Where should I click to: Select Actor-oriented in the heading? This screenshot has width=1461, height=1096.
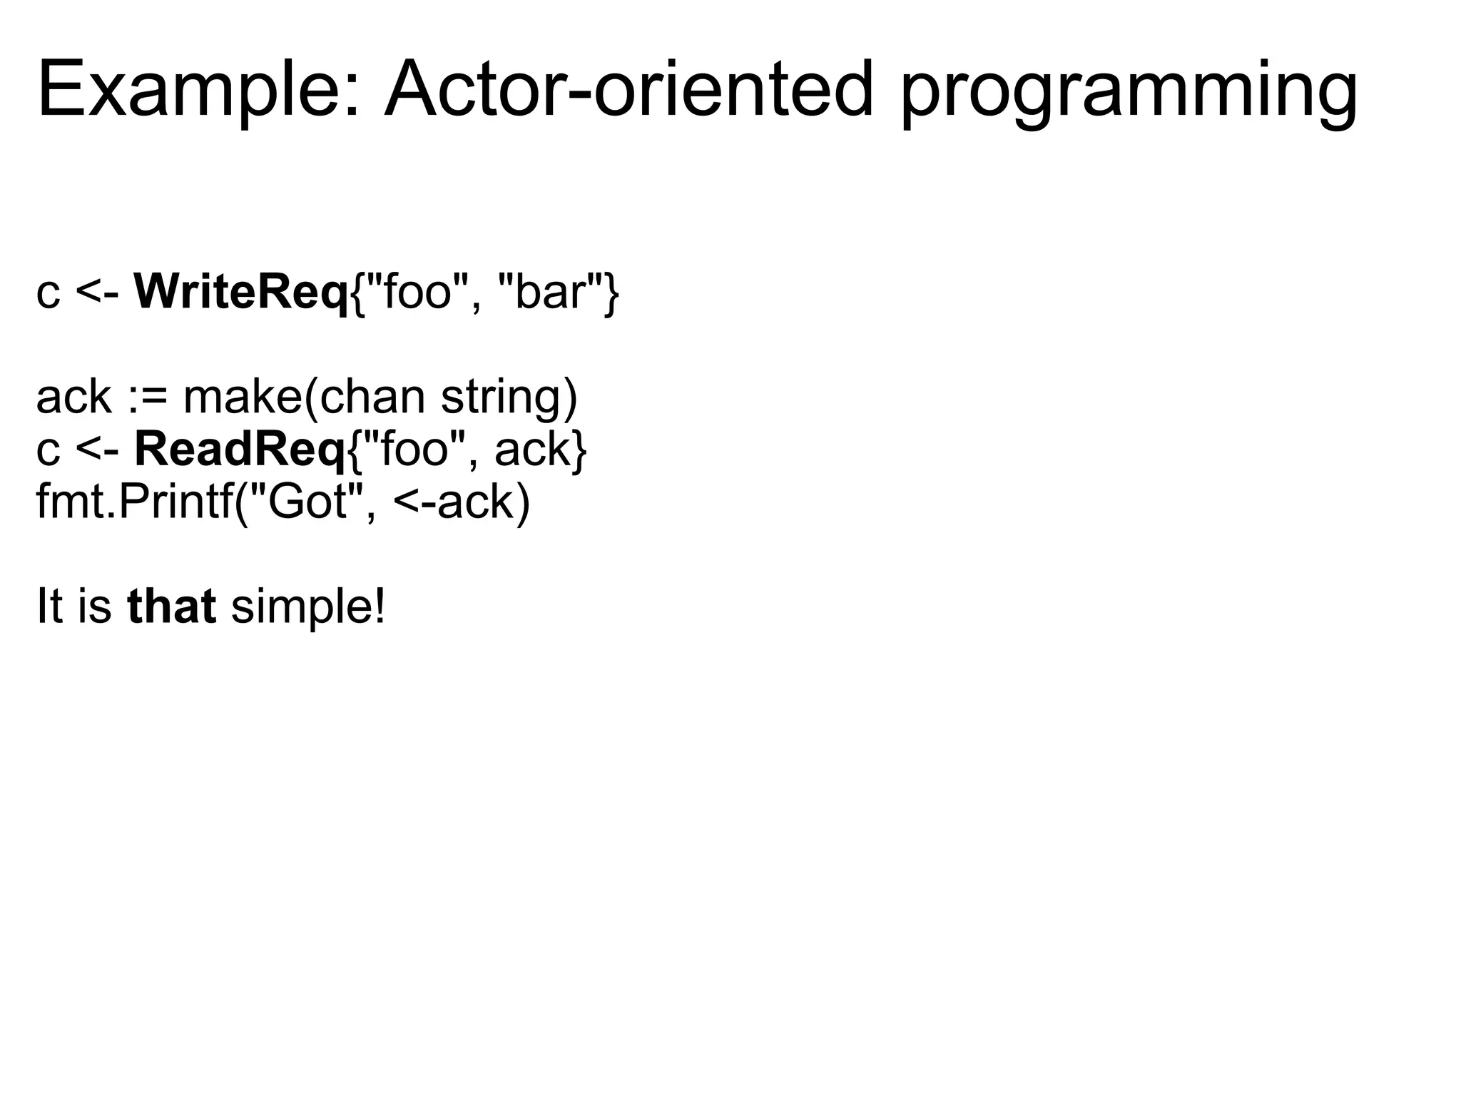click(x=628, y=91)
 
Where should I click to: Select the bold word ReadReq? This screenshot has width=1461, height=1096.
click(x=240, y=450)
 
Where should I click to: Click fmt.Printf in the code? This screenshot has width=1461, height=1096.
click(x=135, y=502)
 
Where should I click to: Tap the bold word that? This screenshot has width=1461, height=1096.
click(x=171, y=607)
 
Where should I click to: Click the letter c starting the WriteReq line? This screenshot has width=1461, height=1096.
click(x=48, y=293)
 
